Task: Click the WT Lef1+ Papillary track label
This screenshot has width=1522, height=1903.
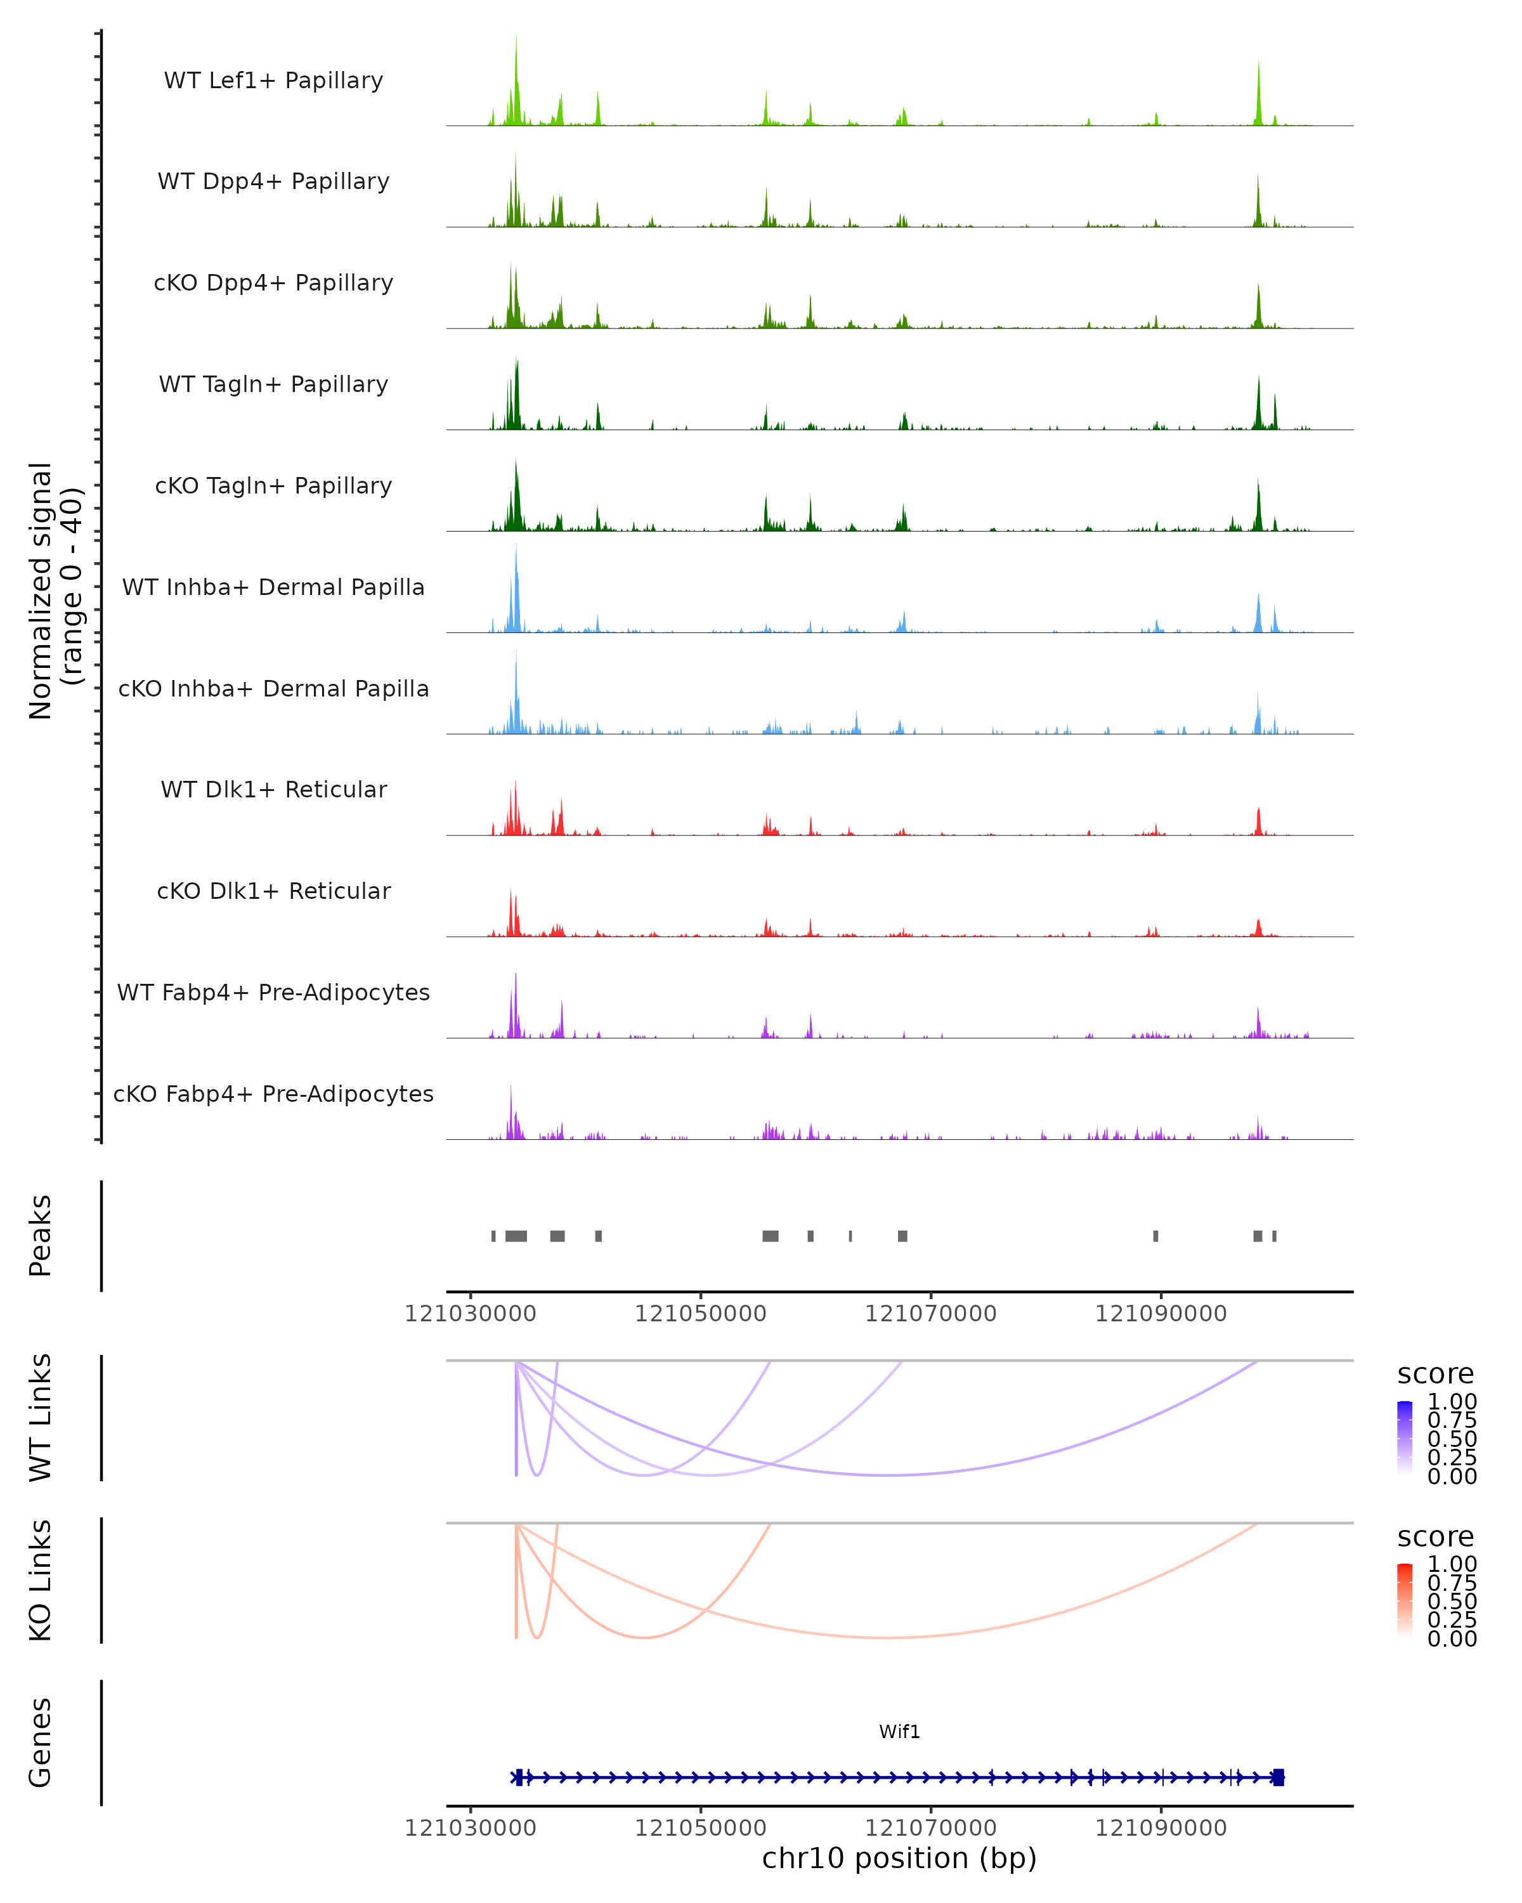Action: pos(273,81)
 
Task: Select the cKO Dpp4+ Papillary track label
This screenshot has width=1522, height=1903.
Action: pos(273,284)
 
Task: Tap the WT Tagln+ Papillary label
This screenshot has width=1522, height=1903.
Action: pos(273,385)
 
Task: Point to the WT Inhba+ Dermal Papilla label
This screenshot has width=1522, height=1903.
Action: pos(273,588)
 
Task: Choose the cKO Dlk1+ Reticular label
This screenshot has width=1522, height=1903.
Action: pos(273,891)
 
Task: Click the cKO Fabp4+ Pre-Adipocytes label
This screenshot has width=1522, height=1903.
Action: pos(273,1094)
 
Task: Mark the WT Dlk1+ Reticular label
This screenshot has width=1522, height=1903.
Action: pos(273,790)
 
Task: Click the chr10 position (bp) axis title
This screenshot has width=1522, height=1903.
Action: pos(899,1859)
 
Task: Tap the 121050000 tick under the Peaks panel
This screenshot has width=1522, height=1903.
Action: pos(701,1314)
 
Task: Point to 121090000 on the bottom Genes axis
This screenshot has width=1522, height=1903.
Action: pos(1161,1828)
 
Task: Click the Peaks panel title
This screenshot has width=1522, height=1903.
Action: pos(41,1236)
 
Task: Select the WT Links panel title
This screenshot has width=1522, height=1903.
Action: pos(41,1418)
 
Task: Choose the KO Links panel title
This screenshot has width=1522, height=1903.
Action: pos(41,1581)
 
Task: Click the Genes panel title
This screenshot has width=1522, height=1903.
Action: pos(41,1743)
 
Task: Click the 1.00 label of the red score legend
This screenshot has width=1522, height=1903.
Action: pos(1452,1564)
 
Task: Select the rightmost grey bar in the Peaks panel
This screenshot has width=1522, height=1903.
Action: pos(1274,1236)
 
